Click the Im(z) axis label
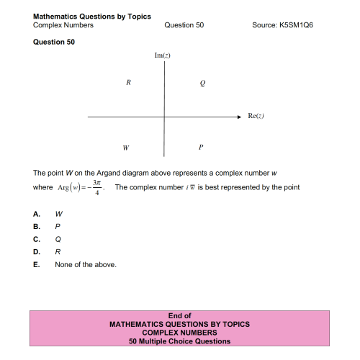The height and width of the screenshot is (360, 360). [x=162, y=55]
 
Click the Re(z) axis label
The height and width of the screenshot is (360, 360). [x=257, y=115]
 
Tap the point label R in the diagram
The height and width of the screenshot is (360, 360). [x=128, y=82]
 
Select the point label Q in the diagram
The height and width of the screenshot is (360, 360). [x=202, y=84]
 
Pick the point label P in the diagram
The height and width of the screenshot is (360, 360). [x=202, y=148]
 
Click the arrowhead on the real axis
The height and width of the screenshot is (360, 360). [x=240, y=115]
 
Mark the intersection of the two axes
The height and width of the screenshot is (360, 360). [x=165, y=115]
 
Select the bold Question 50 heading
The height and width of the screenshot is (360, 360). [x=54, y=42]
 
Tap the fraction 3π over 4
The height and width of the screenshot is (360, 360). [x=96, y=190]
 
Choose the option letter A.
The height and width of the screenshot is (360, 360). [x=37, y=214]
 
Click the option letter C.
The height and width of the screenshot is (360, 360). [x=37, y=239]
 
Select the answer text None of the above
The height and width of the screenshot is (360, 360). [x=85, y=265]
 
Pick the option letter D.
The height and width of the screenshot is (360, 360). [x=37, y=252]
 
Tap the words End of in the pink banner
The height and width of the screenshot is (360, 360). [x=179, y=316]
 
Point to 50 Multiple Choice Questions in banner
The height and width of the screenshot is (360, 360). [x=179, y=341]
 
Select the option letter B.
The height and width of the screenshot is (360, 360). [x=37, y=226]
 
